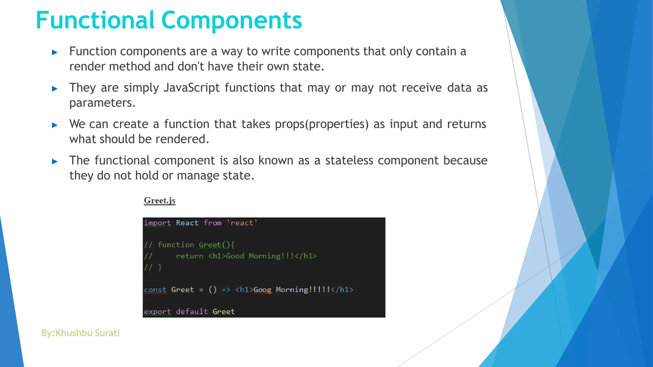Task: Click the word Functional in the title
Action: (95, 20)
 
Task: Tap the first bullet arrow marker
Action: (55, 52)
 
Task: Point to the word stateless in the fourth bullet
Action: (349, 161)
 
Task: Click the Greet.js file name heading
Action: (159, 201)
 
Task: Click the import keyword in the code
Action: (157, 223)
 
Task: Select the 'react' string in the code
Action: (242, 223)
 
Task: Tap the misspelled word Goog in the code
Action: (262, 290)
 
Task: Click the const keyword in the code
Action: (155, 290)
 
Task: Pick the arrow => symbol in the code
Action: (226, 290)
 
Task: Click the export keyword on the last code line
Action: (157, 312)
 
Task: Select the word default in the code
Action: (192, 312)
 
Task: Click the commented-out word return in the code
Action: (189, 256)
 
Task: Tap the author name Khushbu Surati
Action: (87, 333)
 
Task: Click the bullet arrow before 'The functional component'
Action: (55, 162)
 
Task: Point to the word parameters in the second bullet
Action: (102, 103)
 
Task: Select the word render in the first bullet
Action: (87, 67)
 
